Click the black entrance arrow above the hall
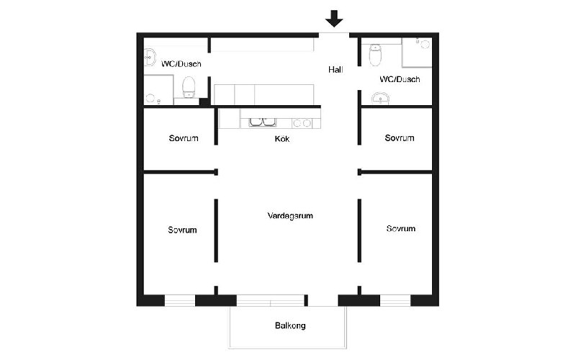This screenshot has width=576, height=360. pyautogui.click(x=334, y=19)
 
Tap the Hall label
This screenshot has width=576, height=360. pyautogui.click(x=336, y=70)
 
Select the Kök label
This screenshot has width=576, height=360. pyautogui.click(x=282, y=139)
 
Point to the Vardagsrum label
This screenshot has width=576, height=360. pyautogui.click(x=290, y=215)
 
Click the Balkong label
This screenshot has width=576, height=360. pyautogui.click(x=290, y=325)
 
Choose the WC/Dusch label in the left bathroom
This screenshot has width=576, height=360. pyautogui.click(x=181, y=64)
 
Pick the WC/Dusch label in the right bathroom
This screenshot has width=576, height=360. pyautogui.click(x=400, y=79)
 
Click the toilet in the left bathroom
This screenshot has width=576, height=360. pyautogui.click(x=189, y=87)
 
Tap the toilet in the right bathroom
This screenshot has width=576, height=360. pyautogui.click(x=375, y=55)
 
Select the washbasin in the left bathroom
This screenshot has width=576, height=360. pyautogui.click(x=150, y=58)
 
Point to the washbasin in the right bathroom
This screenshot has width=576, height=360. pyautogui.click(x=381, y=98)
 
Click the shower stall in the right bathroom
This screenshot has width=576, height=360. pyautogui.click(x=417, y=52)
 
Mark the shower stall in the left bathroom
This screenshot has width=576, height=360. pyautogui.click(x=158, y=90)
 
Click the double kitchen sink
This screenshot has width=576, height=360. pyautogui.click(x=263, y=122)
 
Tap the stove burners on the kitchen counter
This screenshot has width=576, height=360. pyautogui.click(x=302, y=123)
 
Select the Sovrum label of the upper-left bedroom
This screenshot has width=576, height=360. pyautogui.click(x=184, y=138)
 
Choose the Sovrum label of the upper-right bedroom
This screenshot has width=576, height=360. pyautogui.click(x=400, y=138)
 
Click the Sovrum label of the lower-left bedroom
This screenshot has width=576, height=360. pyautogui.click(x=183, y=230)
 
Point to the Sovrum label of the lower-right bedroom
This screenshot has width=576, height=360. pyautogui.click(x=401, y=228)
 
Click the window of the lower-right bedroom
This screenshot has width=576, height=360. pyautogui.click(x=395, y=300)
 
